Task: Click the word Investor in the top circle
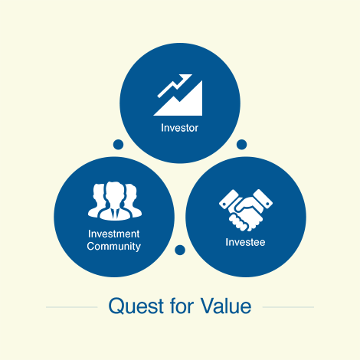point(179,128)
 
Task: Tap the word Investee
point(245,242)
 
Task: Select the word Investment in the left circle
point(113,234)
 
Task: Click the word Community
point(113,247)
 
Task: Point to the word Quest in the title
point(136,306)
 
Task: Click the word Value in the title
point(226,306)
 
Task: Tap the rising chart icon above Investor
point(178,95)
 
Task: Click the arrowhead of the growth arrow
point(186,77)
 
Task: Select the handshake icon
point(246,210)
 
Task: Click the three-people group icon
point(115,201)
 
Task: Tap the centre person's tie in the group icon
point(115,214)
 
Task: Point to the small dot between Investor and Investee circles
point(241,145)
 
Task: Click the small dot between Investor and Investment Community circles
point(118,145)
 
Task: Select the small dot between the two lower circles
point(180,250)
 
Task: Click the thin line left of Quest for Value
point(72,307)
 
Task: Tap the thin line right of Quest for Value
point(288,307)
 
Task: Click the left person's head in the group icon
point(99,192)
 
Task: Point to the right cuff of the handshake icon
point(263,198)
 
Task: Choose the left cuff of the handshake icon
point(229,199)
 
